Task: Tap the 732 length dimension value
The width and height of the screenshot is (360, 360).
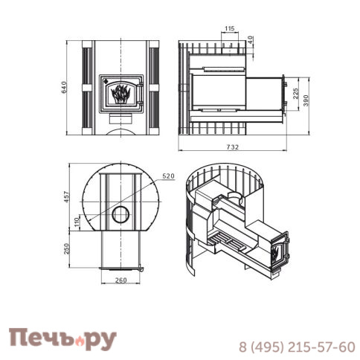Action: pyautogui.click(x=232, y=147)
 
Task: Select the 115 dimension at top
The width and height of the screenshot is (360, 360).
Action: pyautogui.click(x=228, y=28)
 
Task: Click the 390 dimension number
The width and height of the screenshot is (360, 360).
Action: pyautogui.click(x=306, y=100)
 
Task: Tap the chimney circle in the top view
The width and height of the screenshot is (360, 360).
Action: pyautogui.click(x=119, y=216)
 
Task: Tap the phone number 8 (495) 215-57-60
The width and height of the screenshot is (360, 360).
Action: pyautogui.click(x=296, y=347)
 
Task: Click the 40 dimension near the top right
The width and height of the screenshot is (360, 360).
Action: pyautogui.click(x=250, y=38)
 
